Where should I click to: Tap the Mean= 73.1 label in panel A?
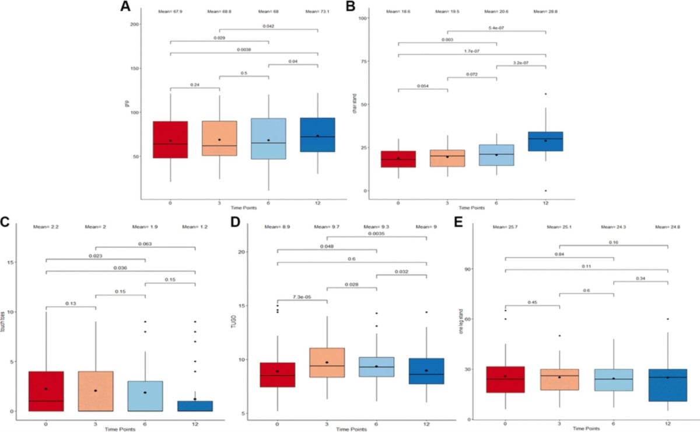(318, 11)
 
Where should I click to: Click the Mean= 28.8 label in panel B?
(546, 11)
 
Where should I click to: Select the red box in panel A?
(170, 140)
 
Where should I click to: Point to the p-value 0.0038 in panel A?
(244, 50)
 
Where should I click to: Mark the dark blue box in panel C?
(195, 406)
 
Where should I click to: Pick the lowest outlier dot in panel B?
(546, 190)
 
